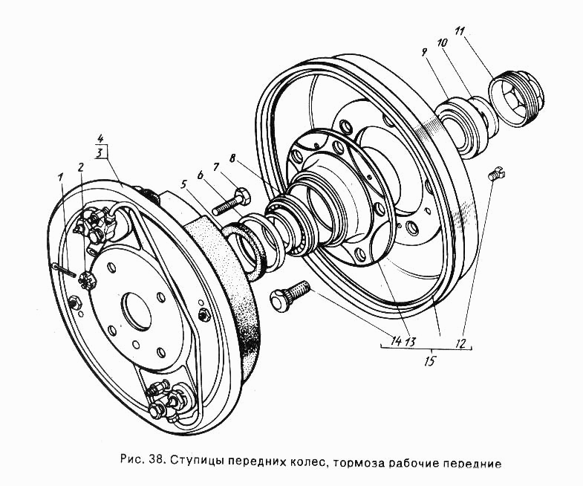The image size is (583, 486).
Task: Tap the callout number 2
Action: pos(81,167)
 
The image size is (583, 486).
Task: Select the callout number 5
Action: pos(183,184)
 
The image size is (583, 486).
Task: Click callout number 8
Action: pos(232,159)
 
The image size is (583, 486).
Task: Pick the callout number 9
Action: pos(424,52)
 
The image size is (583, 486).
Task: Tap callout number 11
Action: pos(460,31)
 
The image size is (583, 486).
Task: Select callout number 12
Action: pos(460,343)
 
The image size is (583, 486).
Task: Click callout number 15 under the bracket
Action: pos(429,360)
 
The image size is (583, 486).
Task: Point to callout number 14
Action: pos(397,340)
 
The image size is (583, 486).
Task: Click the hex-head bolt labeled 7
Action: pos(231,201)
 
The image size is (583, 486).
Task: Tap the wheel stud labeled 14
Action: pos(290,294)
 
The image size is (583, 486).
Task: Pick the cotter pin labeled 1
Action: pos(64,270)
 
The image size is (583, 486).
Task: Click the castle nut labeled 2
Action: pos(88,279)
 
